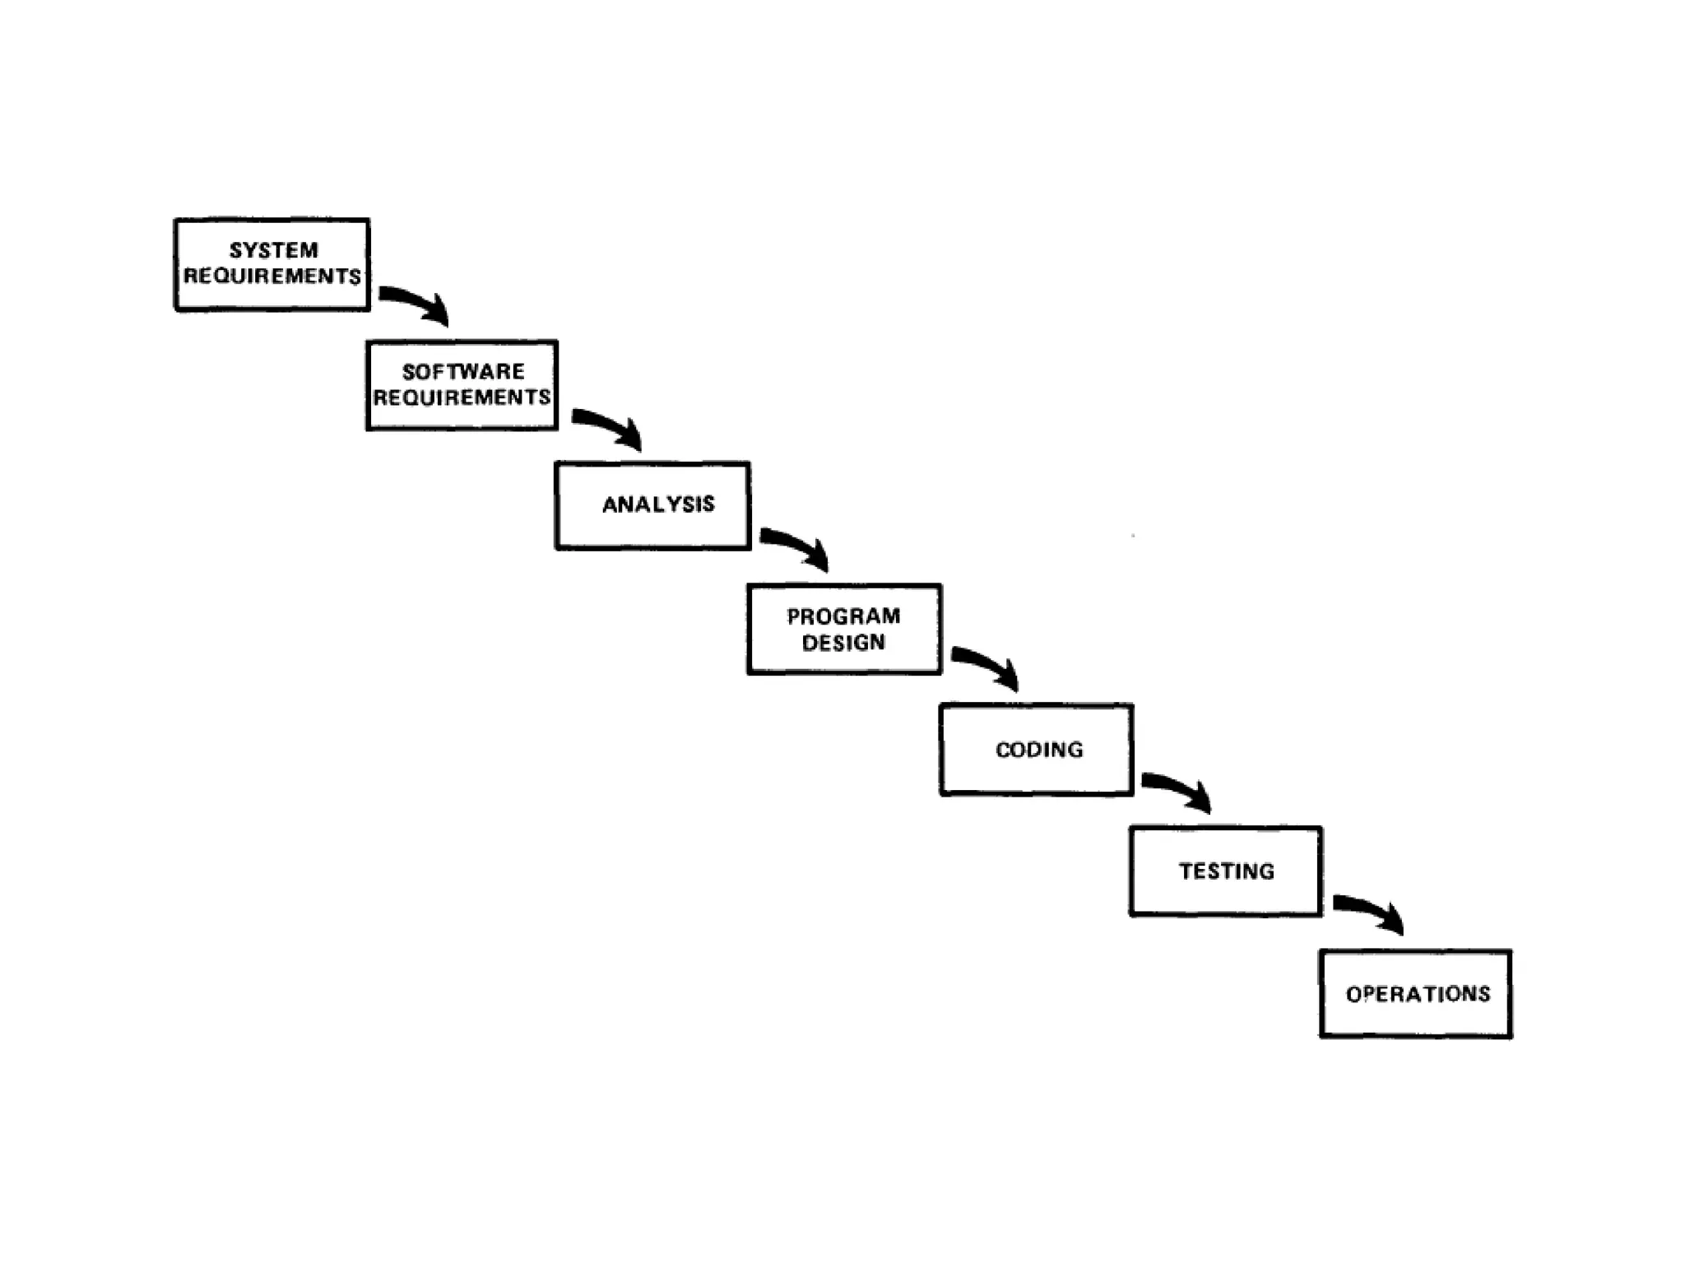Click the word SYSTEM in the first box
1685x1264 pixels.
coord(273,250)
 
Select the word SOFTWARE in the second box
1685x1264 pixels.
coord(463,372)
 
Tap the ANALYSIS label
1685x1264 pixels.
coord(658,504)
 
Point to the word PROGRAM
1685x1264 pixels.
coord(843,616)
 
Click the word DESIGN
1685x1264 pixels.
coord(843,643)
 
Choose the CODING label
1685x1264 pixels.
coord(1039,750)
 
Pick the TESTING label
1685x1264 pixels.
coord(1227,871)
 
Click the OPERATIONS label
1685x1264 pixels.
coord(1418,994)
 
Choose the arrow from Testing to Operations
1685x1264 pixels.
coord(1368,911)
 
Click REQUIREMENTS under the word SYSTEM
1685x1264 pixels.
coord(272,276)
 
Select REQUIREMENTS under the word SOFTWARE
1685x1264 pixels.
coord(462,398)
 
